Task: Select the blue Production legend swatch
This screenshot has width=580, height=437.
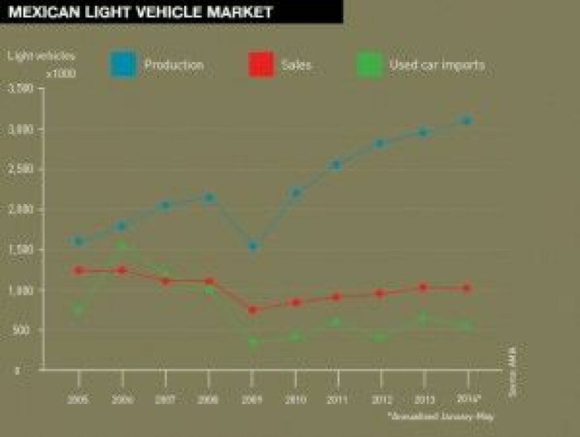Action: (123, 64)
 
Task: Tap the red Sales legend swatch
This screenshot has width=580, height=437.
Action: (261, 64)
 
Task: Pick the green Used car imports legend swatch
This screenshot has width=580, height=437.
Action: (369, 64)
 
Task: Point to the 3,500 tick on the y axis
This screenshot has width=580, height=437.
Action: (22, 89)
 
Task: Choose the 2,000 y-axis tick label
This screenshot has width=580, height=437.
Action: (22, 209)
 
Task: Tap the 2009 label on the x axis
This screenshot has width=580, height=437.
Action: (253, 399)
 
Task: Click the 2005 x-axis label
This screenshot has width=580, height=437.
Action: (78, 399)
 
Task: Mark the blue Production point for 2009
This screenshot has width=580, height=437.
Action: (253, 246)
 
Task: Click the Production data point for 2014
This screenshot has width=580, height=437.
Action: (466, 120)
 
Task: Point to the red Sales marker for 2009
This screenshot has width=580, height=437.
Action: (253, 310)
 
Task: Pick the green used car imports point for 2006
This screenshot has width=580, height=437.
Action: (122, 245)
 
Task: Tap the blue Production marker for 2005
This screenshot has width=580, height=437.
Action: (78, 241)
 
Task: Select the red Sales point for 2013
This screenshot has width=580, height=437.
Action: (423, 287)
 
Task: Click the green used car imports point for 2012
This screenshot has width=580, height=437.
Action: (379, 336)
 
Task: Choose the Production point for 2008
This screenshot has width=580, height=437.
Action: (209, 197)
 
